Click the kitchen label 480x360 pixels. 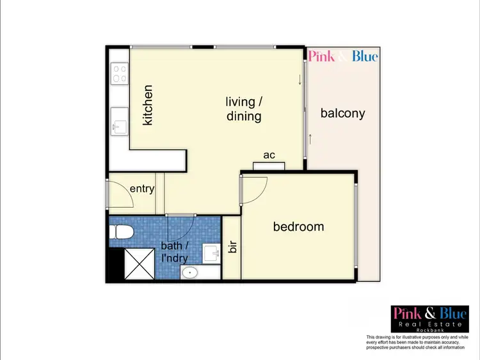(x=148, y=105)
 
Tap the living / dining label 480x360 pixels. (x=244, y=109)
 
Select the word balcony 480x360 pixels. (x=342, y=114)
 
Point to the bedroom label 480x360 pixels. (x=298, y=226)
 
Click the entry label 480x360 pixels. (x=142, y=189)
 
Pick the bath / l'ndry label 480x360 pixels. (x=174, y=251)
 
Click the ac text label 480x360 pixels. (x=269, y=155)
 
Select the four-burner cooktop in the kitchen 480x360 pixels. (x=119, y=74)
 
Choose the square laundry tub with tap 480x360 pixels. (x=211, y=253)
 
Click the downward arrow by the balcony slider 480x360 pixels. (x=300, y=81)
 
